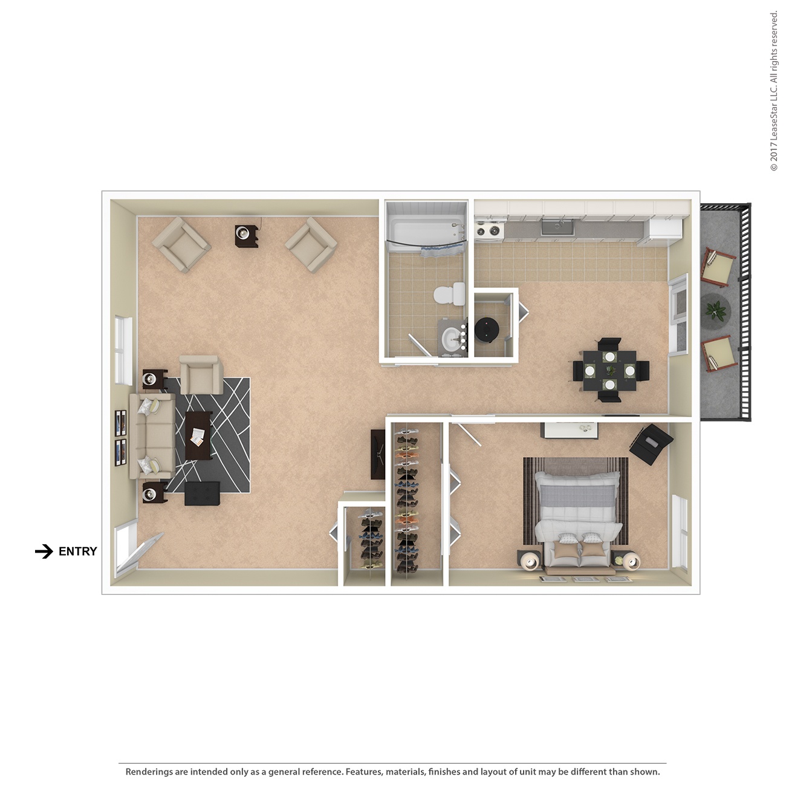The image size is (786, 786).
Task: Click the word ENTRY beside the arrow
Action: pos(77,551)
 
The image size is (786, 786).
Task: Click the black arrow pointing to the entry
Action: pos(44,551)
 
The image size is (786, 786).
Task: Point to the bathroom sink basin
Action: pos(451,339)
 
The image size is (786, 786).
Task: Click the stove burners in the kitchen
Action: pos(488,230)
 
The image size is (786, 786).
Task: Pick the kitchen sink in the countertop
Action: pos(556,227)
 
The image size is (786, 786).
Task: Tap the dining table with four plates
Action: pos(609,369)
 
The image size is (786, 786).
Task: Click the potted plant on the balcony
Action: pos(716,311)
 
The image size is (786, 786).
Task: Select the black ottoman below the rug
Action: pos(202,493)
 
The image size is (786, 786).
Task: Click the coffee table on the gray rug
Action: pos(198,435)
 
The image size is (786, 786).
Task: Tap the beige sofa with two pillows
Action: pos(151,436)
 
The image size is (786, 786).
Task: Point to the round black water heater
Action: pos(486,329)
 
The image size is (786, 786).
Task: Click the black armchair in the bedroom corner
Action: pos(651,444)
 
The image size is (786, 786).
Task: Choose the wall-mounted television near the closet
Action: pos(378,455)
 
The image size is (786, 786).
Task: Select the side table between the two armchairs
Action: pos(247,235)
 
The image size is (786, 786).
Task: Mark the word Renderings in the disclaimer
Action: pos(149,771)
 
